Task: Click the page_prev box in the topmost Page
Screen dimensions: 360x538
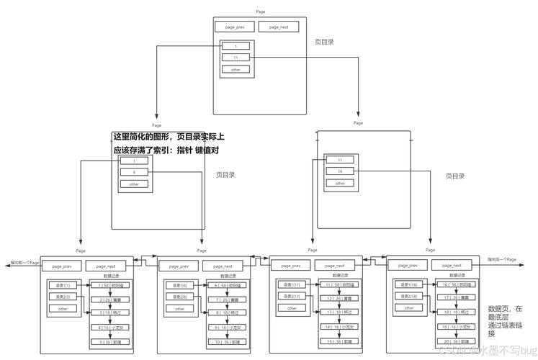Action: coord(235,27)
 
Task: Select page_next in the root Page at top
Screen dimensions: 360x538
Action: coord(279,27)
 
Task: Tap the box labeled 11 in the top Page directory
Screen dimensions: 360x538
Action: coord(236,58)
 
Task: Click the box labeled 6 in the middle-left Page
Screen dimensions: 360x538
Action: coord(134,173)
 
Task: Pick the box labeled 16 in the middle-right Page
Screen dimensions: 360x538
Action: coord(339,171)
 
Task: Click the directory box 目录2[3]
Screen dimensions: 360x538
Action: coord(63,297)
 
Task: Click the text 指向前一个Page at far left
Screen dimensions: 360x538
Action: coord(24,263)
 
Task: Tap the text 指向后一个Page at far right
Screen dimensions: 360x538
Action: coord(501,258)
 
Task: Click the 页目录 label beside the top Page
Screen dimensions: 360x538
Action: coord(324,42)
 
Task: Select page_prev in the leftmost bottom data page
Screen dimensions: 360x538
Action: coord(62,266)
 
